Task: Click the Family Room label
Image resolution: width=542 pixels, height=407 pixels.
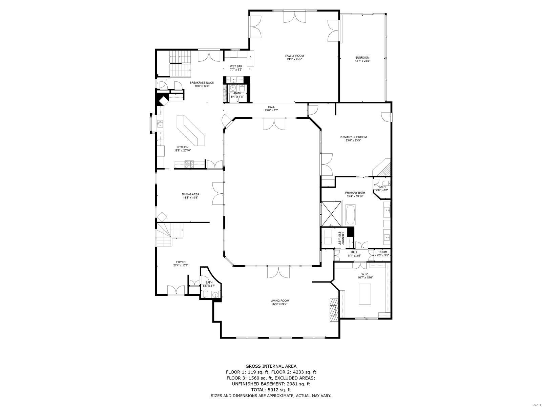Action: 294,56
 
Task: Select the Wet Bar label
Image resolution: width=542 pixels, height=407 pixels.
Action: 236,66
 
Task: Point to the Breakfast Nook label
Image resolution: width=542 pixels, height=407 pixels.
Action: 202,83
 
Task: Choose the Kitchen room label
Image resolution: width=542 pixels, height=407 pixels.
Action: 182,147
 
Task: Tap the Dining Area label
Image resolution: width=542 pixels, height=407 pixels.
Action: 190,194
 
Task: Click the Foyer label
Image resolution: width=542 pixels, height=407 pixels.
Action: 181,262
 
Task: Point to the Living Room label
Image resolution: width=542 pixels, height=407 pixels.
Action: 280,301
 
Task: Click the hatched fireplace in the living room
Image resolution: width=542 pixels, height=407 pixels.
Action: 334,309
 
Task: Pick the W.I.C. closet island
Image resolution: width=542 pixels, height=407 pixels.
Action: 364,294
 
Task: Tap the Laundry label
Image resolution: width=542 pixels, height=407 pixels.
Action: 343,238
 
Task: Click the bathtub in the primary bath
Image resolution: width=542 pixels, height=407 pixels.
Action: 351,214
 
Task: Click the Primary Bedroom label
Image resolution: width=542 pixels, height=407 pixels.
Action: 353,137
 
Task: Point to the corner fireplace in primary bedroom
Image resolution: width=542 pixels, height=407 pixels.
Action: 383,168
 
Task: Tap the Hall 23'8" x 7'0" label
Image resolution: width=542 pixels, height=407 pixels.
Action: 271,107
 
